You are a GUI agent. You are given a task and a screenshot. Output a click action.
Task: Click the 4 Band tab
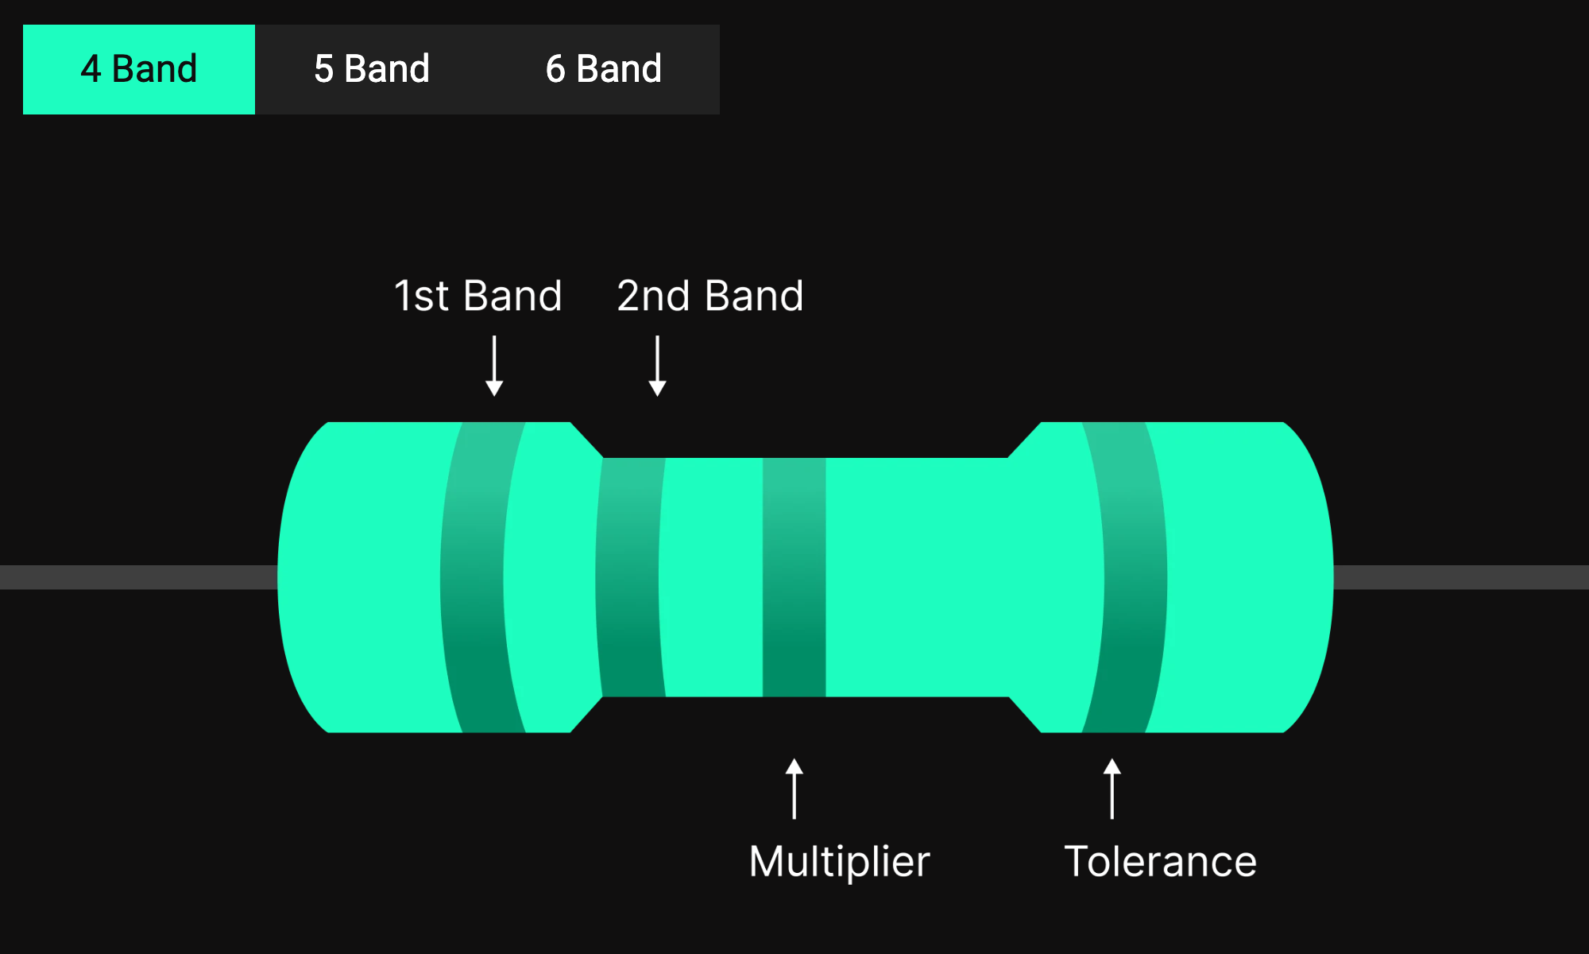point(139,69)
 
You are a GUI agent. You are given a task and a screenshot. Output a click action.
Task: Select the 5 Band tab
point(371,69)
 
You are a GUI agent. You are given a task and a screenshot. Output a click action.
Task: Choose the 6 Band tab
point(604,69)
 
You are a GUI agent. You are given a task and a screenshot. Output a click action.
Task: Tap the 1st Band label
point(477,296)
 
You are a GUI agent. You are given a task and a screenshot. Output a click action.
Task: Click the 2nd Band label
point(709,296)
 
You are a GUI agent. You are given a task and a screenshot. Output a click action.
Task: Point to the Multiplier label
point(839,861)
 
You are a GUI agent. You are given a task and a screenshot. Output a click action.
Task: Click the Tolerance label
point(1160,861)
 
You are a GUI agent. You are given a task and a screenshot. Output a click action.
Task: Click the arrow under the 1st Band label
point(494,366)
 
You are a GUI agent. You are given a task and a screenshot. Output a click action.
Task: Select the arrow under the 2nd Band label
point(657,366)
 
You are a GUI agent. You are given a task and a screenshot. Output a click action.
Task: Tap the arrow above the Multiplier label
point(794,789)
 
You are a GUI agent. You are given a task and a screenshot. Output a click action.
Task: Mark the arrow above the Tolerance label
point(1112,789)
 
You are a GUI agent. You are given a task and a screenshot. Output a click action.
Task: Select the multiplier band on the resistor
point(794,577)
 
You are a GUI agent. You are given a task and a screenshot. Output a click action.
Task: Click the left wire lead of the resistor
point(135,577)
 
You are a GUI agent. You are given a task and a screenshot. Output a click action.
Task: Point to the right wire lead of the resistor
point(1462,577)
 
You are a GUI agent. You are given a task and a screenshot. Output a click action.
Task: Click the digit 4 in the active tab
point(91,69)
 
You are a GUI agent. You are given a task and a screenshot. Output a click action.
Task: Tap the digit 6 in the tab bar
point(555,69)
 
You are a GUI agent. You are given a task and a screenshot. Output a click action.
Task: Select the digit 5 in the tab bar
point(323,69)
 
